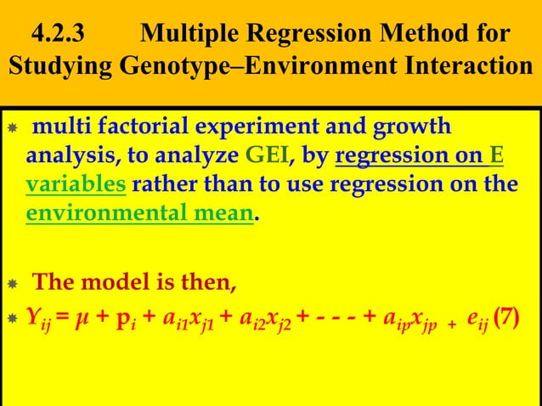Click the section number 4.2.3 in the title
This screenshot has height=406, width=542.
(x=58, y=36)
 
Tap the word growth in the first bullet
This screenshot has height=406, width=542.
(x=415, y=127)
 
